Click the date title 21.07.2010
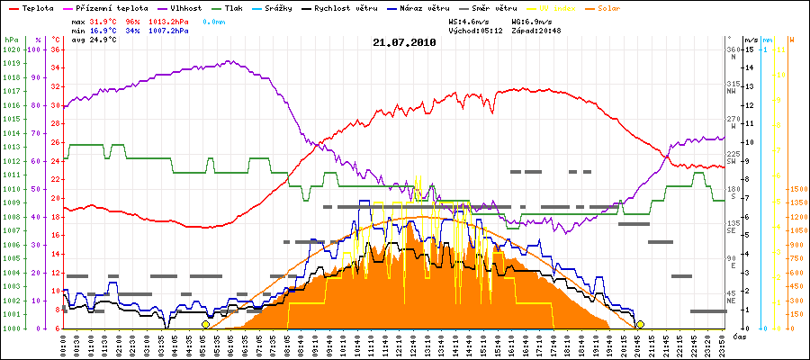pos(404,42)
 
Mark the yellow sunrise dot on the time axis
pos(206,324)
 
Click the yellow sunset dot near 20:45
pos(640,324)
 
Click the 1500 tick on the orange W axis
pos(796,189)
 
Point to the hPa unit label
pos(10,40)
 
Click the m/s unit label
pos(751,40)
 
